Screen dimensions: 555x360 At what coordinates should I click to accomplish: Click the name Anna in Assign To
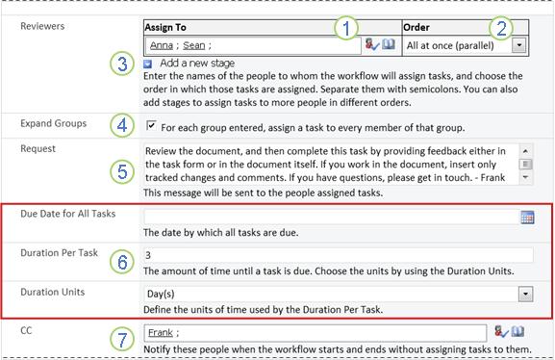(x=162, y=45)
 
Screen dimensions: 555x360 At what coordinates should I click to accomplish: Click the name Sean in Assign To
(x=194, y=45)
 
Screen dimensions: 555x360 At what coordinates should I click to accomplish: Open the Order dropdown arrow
(x=518, y=45)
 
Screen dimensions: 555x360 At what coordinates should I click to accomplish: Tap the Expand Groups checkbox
(x=151, y=125)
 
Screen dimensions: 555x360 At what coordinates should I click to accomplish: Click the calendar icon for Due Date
(x=527, y=217)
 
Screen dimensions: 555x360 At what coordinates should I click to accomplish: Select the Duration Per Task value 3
(x=148, y=255)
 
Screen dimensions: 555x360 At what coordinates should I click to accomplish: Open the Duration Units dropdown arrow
(x=525, y=295)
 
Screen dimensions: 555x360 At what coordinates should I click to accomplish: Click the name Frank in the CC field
(x=161, y=333)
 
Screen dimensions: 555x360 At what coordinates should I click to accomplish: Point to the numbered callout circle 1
(x=346, y=28)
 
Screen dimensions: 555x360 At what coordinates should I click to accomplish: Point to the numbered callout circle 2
(x=501, y=28)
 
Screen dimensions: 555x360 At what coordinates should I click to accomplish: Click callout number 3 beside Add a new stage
(x=122, y=64)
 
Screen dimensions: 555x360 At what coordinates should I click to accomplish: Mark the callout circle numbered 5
(x=122, y=172)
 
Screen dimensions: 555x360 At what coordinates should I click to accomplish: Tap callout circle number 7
(x=122, y=340)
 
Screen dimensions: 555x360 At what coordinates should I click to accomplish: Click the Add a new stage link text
(x=197, y=64)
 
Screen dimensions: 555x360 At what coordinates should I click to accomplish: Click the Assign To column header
(x=165, y=27)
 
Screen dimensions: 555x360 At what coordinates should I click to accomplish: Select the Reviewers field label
(x=42, y=26)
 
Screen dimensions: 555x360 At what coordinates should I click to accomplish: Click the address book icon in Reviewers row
(x=389, y=44)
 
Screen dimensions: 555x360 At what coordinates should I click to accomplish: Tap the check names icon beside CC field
(x=501, y=332)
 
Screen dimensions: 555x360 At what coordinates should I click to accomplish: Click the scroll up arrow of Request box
(x=525, y=151)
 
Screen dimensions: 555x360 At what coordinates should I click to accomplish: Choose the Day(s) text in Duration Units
(x=161, y=294)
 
